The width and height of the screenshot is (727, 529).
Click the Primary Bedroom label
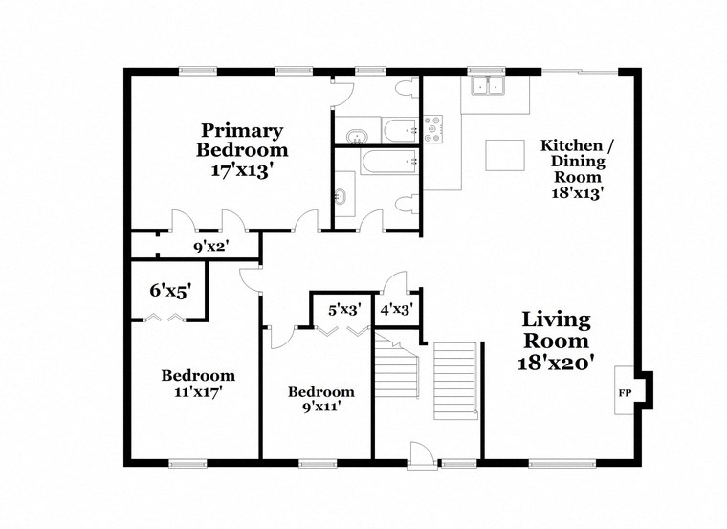(x=241, y=141)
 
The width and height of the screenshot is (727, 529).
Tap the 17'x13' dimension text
(x=241, y=171)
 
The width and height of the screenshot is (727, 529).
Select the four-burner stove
(x=433, y=128)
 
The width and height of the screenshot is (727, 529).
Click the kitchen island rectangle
(x=505, y=154)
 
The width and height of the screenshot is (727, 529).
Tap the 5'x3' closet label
(x=343, y=309)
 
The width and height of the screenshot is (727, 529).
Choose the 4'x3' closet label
(x=394, y=309)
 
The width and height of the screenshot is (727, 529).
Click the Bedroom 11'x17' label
(x=197, y=383)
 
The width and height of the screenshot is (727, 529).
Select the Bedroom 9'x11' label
(x=320, y=399)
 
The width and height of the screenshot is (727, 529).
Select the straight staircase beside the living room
(x=454, y=380)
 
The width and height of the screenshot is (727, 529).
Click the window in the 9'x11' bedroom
(x=318, y=463)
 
